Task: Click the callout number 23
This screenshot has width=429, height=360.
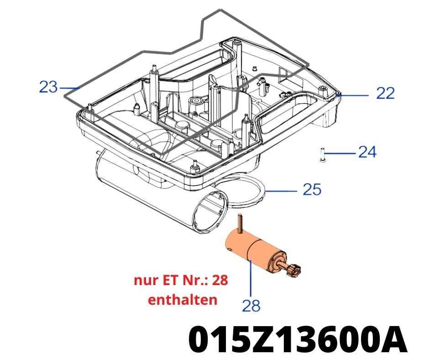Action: (x=48, y=86)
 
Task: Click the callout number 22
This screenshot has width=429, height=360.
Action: (x=385, y=94)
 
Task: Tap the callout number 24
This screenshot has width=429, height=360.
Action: (x=367, y=152)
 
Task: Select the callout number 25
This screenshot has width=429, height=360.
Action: (x=312, y=189)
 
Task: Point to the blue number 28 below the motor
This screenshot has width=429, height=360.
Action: (x=251, y=305)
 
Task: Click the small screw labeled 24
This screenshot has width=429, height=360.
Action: (x=322, y=155)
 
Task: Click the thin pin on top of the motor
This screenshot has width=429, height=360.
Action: (x=239, y=222)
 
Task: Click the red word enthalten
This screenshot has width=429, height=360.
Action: (x=183, y=300)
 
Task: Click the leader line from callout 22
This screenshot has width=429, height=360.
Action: (x=354, y=95)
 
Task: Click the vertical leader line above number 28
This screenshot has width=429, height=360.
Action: (x=251, y=279)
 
